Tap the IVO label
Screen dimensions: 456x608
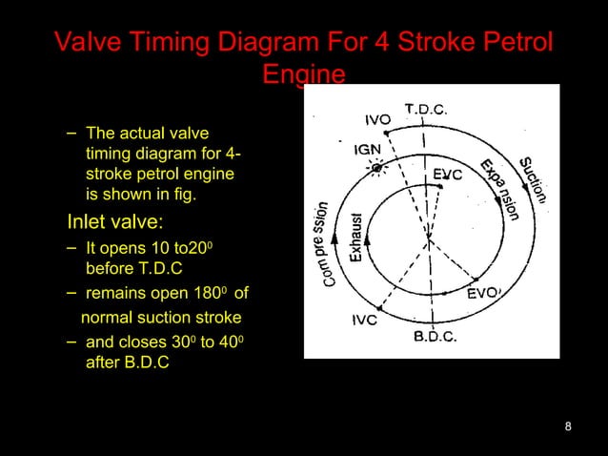point(378,120)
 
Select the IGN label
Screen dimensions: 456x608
point(370,150)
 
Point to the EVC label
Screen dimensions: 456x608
point(448,175)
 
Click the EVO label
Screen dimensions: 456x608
point(482,295)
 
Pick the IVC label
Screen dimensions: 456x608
point(357,321)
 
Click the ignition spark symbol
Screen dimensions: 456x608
point(377,168)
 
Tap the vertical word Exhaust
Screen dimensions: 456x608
point(355,238)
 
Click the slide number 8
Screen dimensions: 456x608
point(568,425)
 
